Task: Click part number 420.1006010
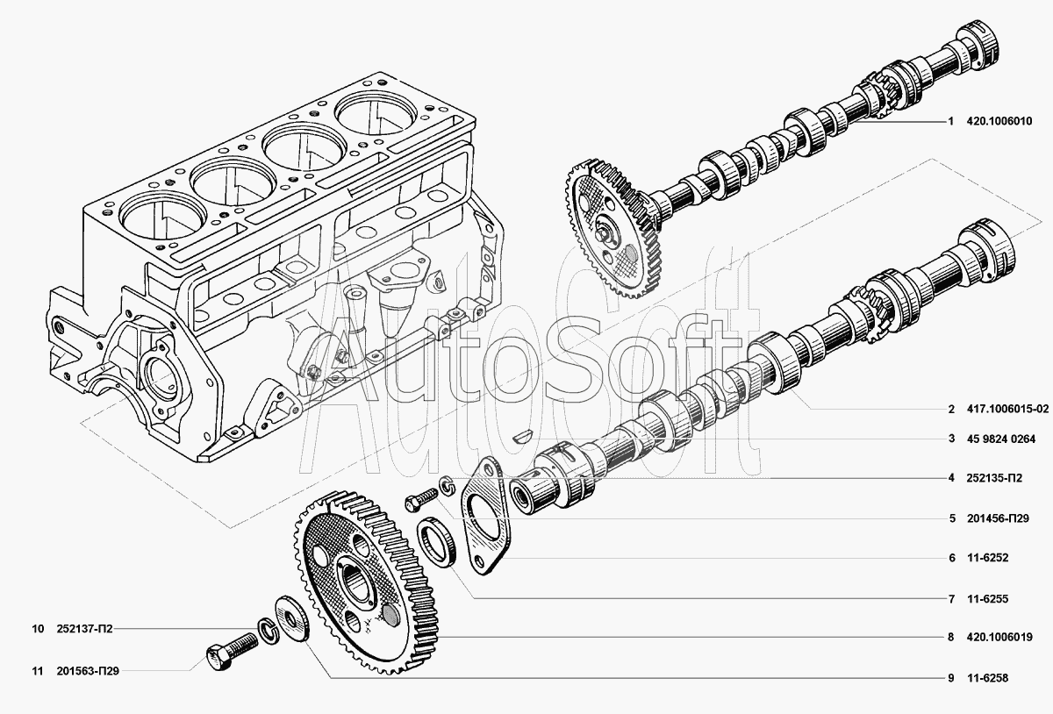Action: [x=999, y=121]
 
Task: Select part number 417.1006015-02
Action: [x=1008, y=409]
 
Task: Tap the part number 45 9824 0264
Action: [x=1001, y=439]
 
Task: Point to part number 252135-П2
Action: [x=994, y=478]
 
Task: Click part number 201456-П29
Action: [x=998, y=518]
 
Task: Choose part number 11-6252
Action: [x=988, y=558]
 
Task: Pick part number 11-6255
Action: [x=988, y=599]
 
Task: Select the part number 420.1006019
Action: [x=999, y=638]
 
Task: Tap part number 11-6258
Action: [x=988, y=678]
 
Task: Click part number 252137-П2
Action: [x=84, y=629]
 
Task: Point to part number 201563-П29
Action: [x=88, y=671]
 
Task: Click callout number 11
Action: [x=38, y=671]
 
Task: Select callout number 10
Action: [x=38, y=629]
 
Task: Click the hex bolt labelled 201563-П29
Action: [x=231, y=651]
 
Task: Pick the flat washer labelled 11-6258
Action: [x=291, y=618]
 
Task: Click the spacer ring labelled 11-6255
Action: [x=436, y=541]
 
